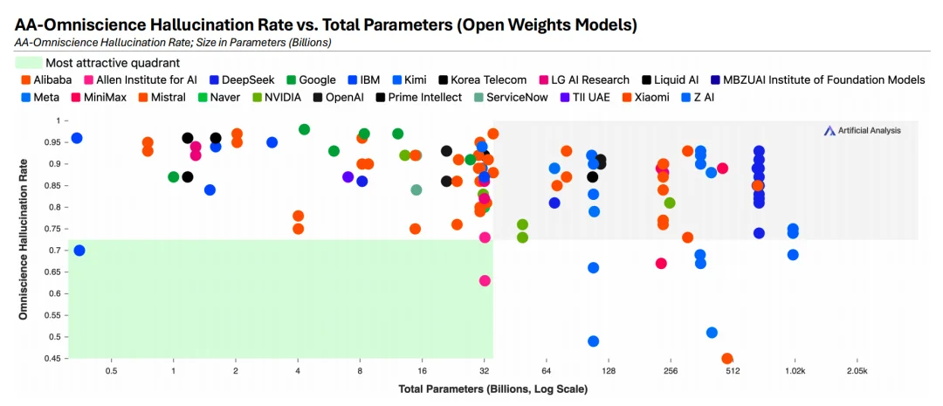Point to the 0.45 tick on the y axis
pyautogui.click(x=54, y=358)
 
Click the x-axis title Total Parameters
pyautogui.click(x=492, y=388)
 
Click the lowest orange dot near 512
pyautogui.click(x=727, y=359)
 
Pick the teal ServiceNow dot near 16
pyautogui.click(x=416, y=189)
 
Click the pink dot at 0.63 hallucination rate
pyautogui.click(x=485, y=280)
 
